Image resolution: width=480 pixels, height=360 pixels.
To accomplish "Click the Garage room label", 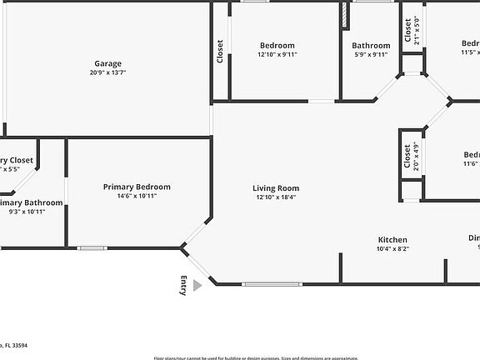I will click(107, 63).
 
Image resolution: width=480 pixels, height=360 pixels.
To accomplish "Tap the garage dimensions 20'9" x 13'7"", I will click(107, 72).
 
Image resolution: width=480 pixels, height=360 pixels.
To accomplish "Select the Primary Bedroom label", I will click(137, 187).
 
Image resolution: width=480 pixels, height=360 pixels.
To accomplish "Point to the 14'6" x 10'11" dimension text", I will click(137, 196).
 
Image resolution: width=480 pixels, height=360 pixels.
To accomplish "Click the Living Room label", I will click(276, 188).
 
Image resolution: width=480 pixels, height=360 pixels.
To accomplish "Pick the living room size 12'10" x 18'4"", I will click(276, 197).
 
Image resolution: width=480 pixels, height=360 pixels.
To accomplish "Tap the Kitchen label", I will click(392, 239).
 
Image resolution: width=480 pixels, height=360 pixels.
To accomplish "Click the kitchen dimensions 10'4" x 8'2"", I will click(392, 248).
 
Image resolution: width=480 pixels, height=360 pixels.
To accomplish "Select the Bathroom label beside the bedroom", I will click(371, 46).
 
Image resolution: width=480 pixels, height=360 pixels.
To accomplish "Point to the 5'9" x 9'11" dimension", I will click(371, 55).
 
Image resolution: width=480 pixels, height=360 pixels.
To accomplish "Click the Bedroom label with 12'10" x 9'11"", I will click(277, 45).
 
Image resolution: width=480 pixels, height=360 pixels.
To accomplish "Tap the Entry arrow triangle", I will click(197, 285).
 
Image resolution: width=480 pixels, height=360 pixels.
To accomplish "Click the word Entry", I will click(183, 285).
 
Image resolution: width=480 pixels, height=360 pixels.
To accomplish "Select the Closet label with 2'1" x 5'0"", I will click(407, 31).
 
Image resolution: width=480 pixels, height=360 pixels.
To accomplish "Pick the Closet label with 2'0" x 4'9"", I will click(407, 157).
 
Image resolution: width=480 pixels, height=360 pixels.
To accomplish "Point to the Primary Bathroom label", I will click(31, 202).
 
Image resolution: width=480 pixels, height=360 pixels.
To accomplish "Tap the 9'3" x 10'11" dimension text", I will click(27, 212).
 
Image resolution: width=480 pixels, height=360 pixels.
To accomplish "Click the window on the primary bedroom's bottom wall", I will click(92, 247).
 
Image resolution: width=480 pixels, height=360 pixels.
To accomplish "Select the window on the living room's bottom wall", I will click(272, 284).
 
